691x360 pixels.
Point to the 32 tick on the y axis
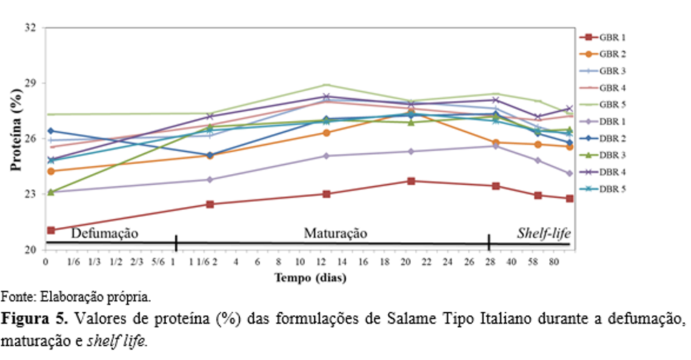31,28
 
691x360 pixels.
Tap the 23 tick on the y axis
31,194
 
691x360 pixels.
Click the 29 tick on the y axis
31,83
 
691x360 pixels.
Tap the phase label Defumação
105,233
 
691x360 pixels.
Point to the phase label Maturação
335,233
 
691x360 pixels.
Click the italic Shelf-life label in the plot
544,233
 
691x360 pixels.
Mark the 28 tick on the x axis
489,262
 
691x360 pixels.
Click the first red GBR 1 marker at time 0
51,230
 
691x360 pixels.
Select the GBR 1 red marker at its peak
411,181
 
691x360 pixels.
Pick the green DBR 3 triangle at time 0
51,192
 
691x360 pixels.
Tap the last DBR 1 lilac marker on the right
570,173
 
